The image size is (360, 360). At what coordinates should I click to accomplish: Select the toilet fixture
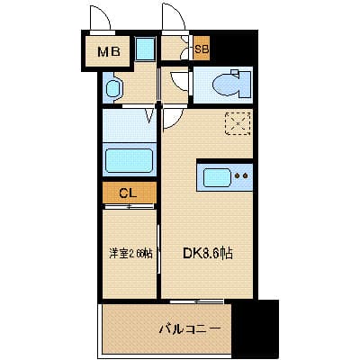[225, 85]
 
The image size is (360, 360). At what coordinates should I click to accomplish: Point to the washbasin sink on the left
[113, 88]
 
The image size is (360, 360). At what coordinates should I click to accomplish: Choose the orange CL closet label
[129, 193]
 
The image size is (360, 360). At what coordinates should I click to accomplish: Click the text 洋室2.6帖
[130, 254]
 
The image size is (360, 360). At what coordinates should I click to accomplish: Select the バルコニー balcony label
[190, 329]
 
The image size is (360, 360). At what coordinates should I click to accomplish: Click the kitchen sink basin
[216, 176]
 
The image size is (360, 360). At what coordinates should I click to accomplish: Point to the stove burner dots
[241, 176]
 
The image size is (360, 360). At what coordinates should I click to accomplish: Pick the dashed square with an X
[238, 123]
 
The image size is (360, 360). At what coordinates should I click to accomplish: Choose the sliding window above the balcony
[196, 301]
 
